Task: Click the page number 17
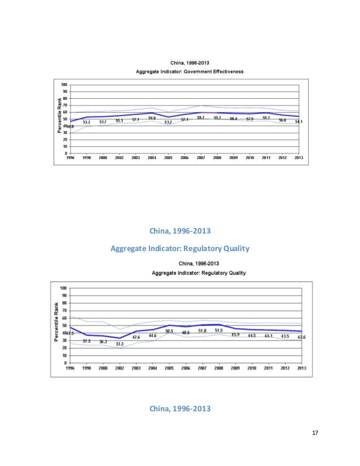click(x=315, y=433)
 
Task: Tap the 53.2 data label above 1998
click(x=87, y=122)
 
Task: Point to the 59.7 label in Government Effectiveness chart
click(x=200, y=117)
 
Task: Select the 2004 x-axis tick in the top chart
click(x=152, y=158)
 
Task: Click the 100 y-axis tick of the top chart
click(x=64, y=84)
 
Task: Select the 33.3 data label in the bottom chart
click(x=120, y=344)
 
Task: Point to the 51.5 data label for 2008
click(x=218, y=330)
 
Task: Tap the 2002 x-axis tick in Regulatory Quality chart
click(x=120, y=368)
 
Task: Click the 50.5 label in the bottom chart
click(x=169, y=331)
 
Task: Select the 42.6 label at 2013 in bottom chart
click(x=301, y=337)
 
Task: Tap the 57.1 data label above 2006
click(x=185, y=120)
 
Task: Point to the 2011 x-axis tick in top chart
click(x=266, y=158)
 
